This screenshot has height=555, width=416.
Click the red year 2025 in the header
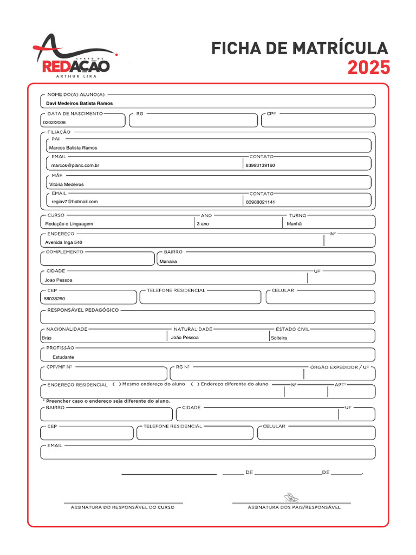pos(368,68)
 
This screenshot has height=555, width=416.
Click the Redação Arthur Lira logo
pos(76,57)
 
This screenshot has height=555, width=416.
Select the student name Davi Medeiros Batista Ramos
pos(79,103)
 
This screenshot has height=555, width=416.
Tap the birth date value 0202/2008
pos(54,122)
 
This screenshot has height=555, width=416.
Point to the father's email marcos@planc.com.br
pos(75,165)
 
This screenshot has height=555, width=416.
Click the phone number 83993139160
pos(261,165)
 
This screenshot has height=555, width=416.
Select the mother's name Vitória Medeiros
pos(66,184)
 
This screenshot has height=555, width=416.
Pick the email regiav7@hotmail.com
pos(75,202)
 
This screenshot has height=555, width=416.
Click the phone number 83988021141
pos(261,202)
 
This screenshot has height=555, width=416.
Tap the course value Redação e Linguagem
pos(69,224)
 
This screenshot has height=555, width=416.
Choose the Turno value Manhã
pos(294,224)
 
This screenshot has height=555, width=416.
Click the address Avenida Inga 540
pos(64,242)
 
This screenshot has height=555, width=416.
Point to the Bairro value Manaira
pos(168,261)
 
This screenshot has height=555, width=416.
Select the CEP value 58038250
pos(54,299)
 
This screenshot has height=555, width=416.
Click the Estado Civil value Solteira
pos(279,338)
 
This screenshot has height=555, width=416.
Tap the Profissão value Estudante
pos(63,357)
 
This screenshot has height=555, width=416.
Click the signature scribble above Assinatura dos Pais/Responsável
pos(291,497)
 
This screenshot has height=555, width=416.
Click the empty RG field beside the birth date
pos(193,121)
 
